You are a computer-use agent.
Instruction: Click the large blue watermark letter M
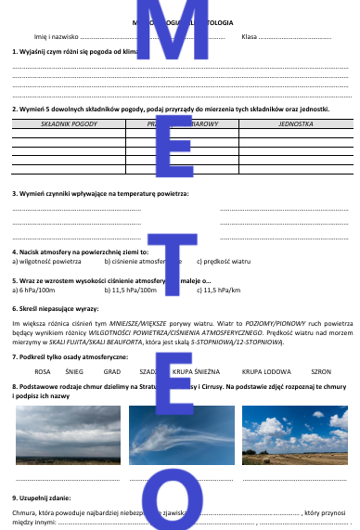click(x=180, y=46)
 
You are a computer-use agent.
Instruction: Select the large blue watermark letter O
click(x=180, y=501)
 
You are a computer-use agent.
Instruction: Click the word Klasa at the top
click(x=249, y=36)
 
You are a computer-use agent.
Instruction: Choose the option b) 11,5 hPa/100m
click(x=130, y=290)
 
